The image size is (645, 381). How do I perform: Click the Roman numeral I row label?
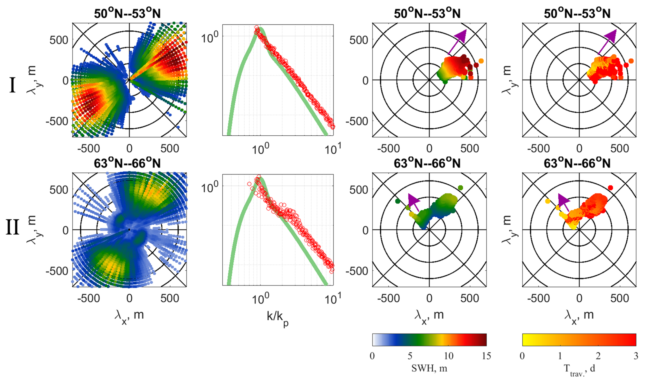coord(12,86)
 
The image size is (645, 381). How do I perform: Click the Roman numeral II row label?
coord(12,227)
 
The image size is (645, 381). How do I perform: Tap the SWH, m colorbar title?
coord(429,369)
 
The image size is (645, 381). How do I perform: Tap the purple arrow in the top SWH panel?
coord(458,41)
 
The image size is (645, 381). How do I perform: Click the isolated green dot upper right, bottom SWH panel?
coord(461,188)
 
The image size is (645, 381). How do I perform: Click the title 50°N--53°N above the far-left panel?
coord(127,13)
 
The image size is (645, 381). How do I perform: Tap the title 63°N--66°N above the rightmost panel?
coord(577,163)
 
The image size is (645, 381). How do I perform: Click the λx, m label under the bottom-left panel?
coord(129,315)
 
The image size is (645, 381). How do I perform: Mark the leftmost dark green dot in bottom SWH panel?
coord(398,201)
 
